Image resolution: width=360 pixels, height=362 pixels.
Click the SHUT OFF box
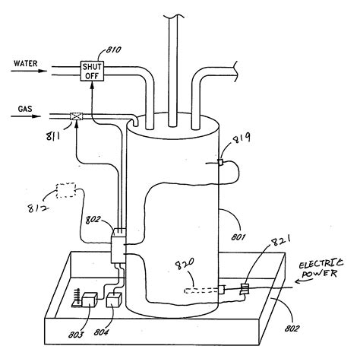[92, 71]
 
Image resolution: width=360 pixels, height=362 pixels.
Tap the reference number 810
[113, 49]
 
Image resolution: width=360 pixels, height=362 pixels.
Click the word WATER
[26, 63]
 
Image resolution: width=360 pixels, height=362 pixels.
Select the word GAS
[25, 109]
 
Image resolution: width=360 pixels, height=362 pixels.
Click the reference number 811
[52, 137]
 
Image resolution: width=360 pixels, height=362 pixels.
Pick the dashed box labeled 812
[66, 190]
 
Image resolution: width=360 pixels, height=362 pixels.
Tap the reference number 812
[38, 208]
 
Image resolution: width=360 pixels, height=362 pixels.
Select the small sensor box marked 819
[221, 162]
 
